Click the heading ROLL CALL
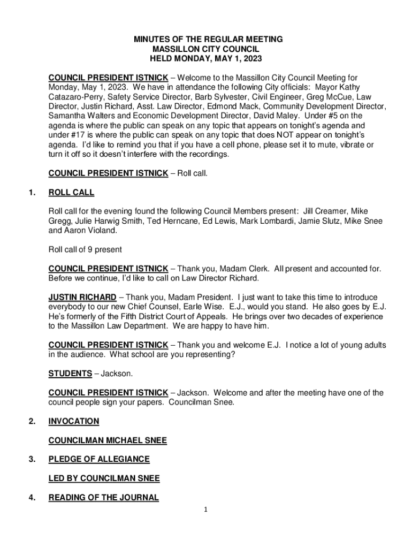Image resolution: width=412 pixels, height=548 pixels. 71,193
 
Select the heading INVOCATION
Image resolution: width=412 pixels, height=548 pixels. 73,421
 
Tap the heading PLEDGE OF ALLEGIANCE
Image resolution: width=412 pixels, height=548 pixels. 98,459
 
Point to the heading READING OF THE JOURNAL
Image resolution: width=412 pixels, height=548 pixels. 103,498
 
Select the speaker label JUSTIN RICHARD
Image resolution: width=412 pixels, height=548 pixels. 82,297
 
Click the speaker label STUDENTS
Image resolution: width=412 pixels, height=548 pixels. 70,373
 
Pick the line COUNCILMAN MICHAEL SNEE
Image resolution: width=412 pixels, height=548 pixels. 107,440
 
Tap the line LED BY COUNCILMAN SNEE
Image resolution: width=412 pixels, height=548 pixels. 104,478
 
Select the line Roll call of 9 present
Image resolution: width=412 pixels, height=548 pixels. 85,249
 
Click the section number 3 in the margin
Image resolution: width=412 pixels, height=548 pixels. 33,459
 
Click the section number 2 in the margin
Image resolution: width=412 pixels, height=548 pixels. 33,421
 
